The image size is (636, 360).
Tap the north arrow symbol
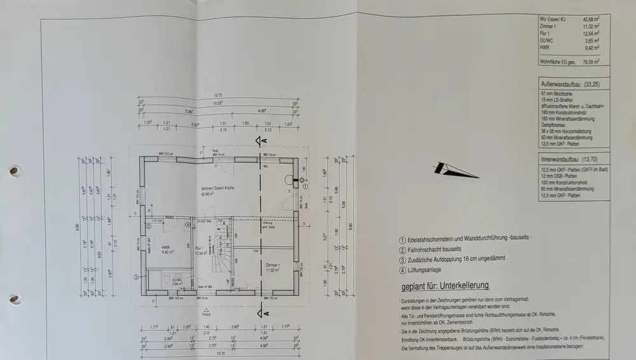coord(455,170)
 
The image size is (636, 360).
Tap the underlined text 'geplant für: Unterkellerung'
coord(445,286)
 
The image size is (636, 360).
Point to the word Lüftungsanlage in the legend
coord(427,270)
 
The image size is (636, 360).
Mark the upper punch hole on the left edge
coord(13,171)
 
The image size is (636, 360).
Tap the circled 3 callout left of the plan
coord(135,277)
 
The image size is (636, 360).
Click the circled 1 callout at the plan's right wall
coord(303,181)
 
